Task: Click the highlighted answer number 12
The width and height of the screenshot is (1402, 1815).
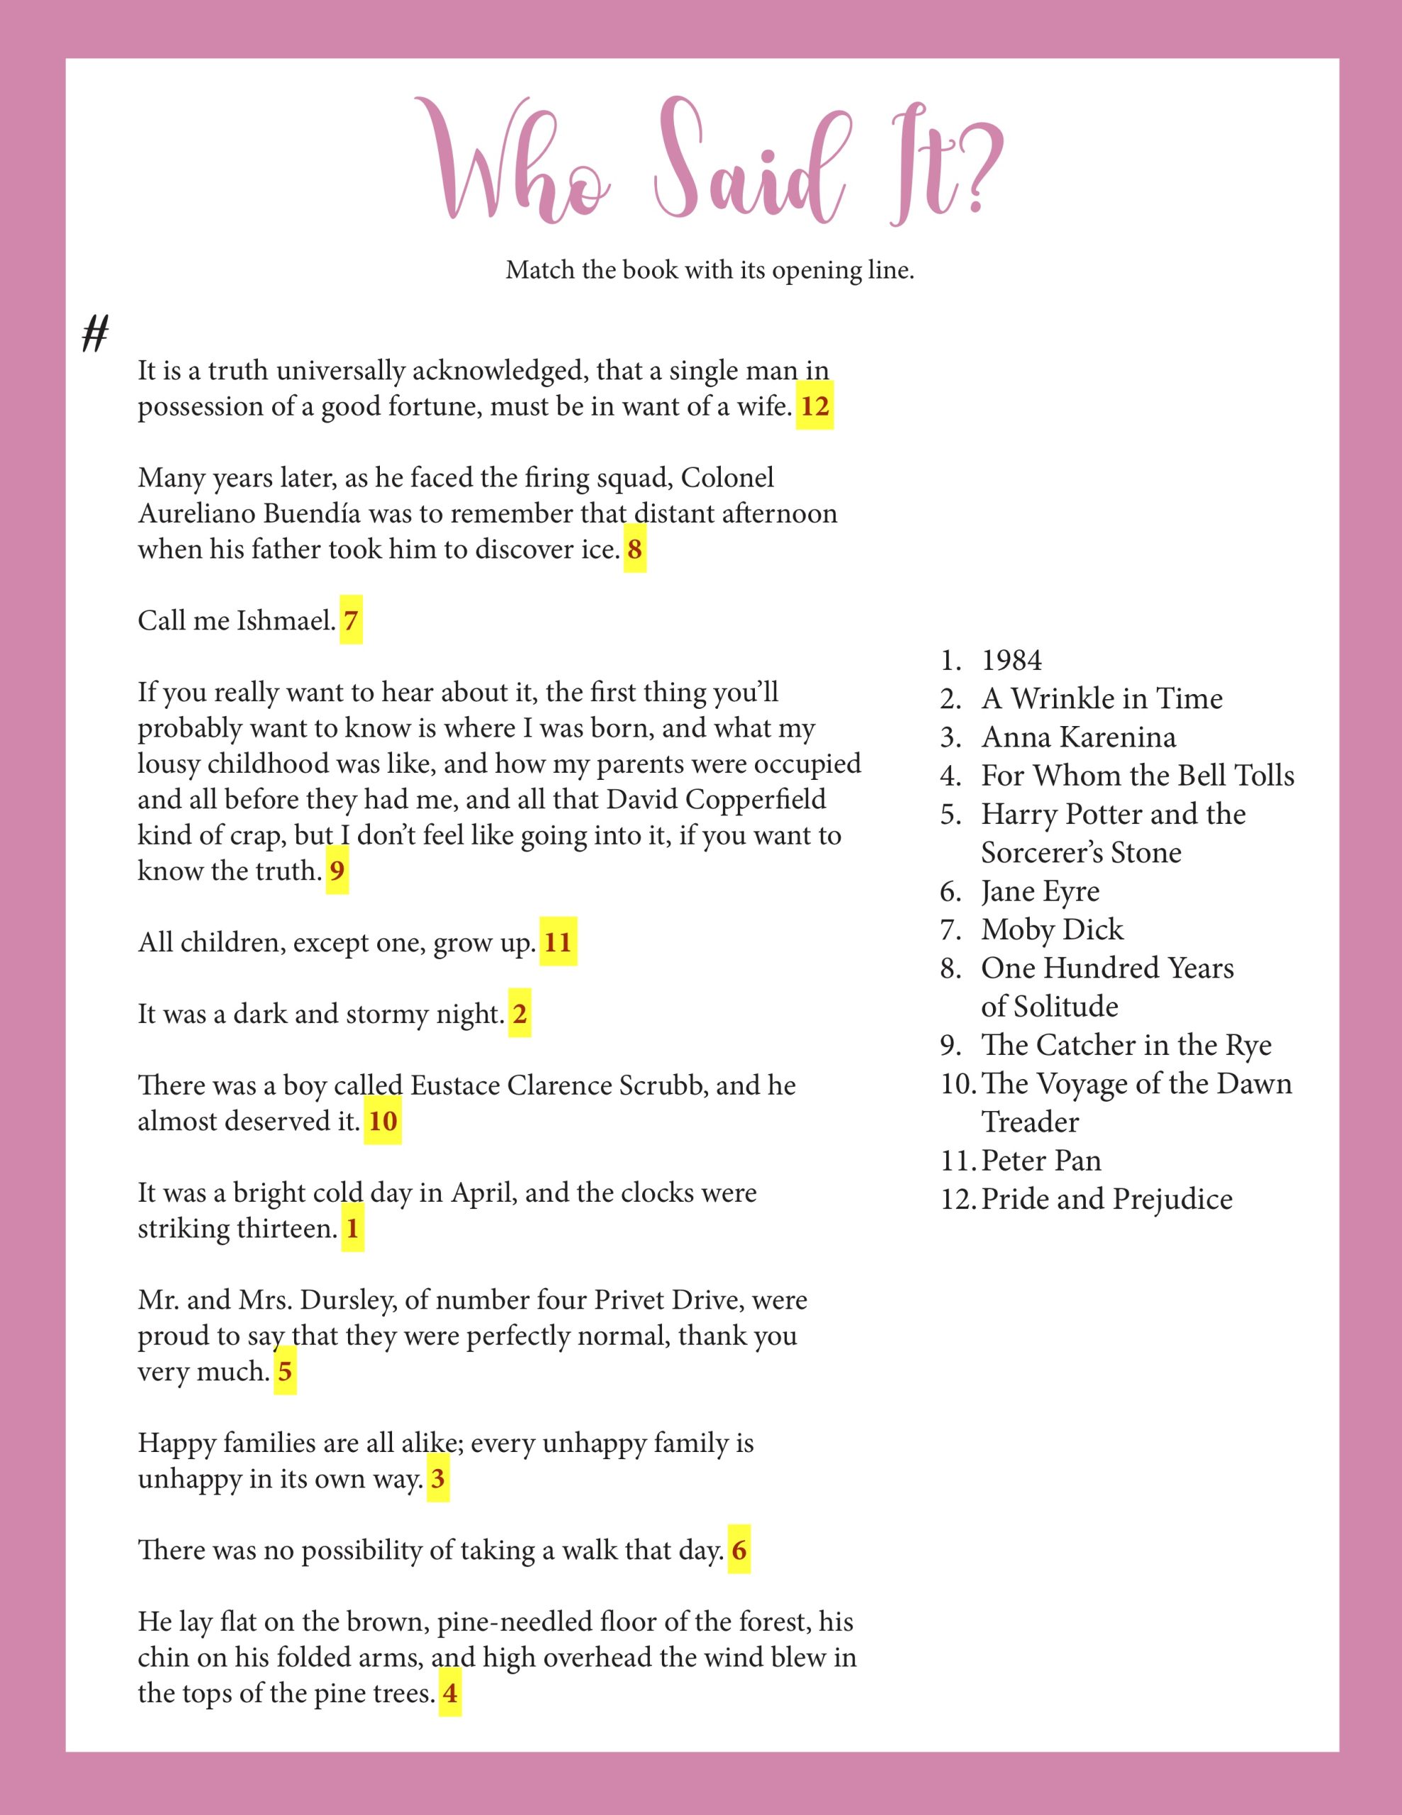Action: [814, 406]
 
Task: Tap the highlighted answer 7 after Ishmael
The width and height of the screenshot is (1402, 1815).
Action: [351, 621]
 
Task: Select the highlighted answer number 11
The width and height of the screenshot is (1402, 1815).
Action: [558, 942]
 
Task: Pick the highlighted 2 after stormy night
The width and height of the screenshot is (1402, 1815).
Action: [520, 1014]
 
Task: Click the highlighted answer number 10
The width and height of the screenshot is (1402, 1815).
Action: [382, 1121]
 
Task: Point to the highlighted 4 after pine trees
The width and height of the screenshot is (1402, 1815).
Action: [449, 1693]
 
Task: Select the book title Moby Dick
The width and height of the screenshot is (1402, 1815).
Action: [1051, 929]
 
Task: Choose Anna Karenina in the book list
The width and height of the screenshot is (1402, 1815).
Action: [1078, 737]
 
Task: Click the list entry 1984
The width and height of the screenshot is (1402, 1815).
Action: [1011, 661]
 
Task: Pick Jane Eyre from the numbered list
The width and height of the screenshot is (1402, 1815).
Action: [1040, 891]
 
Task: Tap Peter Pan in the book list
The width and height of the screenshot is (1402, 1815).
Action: [1041, 1160]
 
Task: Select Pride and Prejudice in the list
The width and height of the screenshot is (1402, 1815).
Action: [1106, 1199]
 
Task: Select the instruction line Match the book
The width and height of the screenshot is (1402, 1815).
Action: [710, 270]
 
